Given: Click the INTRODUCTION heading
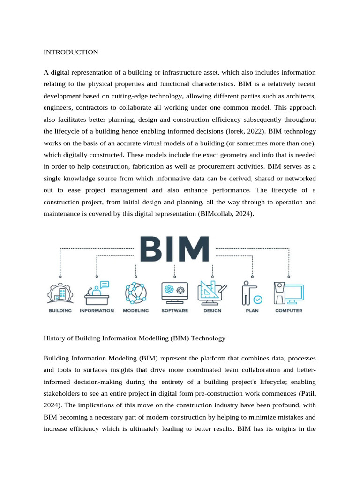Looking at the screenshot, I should [x=71, y=52].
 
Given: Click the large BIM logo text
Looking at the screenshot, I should [x=174, y=249].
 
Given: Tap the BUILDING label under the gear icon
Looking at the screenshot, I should [x=60, y=311].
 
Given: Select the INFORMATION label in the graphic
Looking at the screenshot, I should [x=97, y=311].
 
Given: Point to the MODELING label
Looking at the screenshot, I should [x=135, y=311].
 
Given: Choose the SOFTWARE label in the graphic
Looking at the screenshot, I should [x=175, y=311].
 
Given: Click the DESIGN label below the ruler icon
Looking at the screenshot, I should [x=212, y=311].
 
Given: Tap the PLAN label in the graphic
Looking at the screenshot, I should [x=252, y=311].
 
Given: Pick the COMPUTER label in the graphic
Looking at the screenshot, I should [x=288, y=311].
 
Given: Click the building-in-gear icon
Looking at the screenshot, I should [x=60, y=293].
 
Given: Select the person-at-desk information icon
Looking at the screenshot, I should [x=97, y=292].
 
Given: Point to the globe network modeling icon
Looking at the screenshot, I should [x=135, y=293].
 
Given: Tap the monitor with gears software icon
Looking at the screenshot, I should [x=175, y=293].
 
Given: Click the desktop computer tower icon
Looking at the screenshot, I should [x=288, y=293].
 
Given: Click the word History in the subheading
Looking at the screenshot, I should [x=55, y=338].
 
